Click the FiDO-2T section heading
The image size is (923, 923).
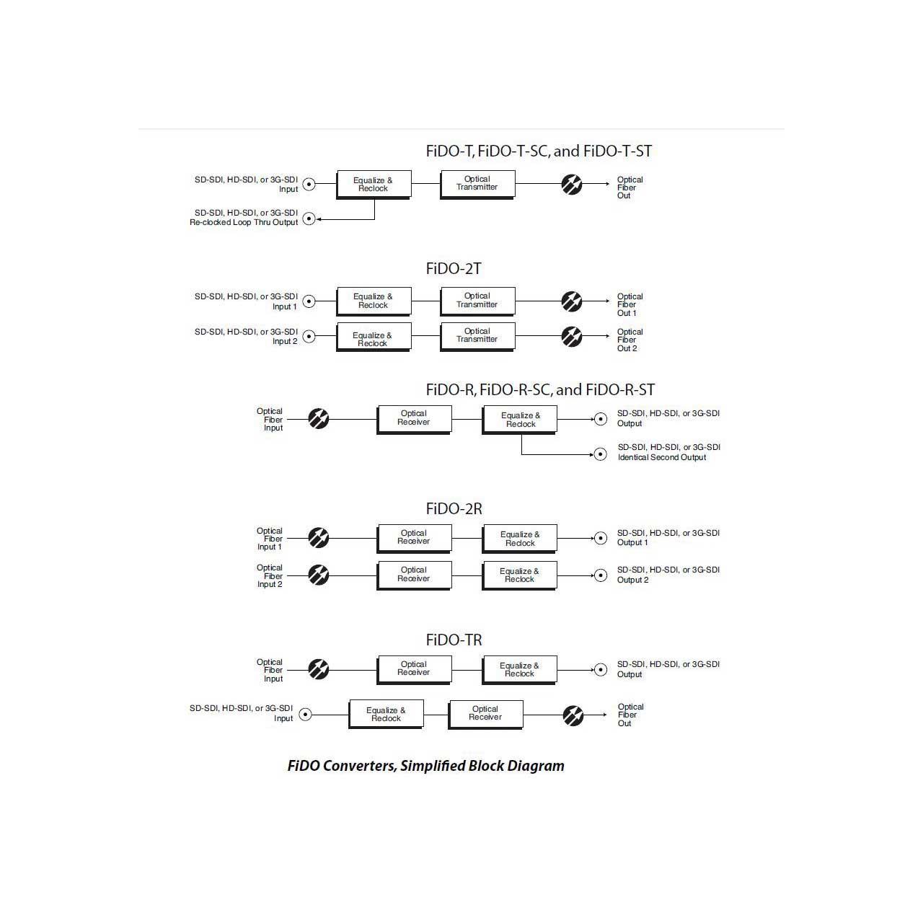(x=453, y=269)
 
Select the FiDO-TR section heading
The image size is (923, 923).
(x=454, y=640)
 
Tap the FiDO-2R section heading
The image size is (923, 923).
(x=454, y=508)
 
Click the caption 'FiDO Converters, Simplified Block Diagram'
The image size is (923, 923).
(x=426, y=766)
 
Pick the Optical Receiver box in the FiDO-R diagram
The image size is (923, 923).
(x=415, y=419)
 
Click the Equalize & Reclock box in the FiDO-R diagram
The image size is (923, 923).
(x=520, y=419)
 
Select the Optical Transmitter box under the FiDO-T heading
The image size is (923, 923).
(x=477, y=184)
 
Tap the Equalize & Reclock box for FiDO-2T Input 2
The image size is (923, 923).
(x=374, y=337)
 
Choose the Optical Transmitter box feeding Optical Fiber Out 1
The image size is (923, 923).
(x=477, y=301)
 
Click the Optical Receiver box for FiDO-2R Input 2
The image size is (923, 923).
(x=415, y=575)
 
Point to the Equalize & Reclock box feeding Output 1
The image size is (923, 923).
(x=520, y=539)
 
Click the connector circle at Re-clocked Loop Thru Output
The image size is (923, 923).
(x=309, y=219)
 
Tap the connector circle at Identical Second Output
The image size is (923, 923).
(x=601, y=454)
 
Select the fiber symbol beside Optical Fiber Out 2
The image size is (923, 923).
(x=571, y=336)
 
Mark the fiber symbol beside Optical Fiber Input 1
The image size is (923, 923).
(x=319, y=538)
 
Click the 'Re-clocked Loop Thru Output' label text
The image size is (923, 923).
(x=244, y=222)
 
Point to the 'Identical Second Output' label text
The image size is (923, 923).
(x=662, y=457)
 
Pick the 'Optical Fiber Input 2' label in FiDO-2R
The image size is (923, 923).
(x=270, y=575)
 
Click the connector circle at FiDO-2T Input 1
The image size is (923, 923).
(x=309, y=301)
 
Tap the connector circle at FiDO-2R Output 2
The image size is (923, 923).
(x=601, y=575)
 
